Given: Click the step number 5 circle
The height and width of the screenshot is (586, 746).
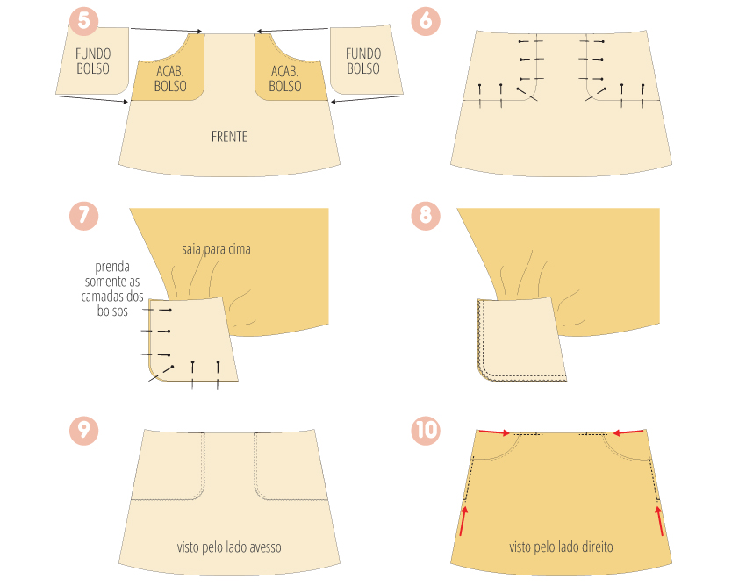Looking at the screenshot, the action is pyautogui.click(x=83, y=20).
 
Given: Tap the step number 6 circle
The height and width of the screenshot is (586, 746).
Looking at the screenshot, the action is pyautogui.click(x=426, y=20).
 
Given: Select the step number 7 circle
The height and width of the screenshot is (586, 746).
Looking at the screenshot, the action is pyautogui.click(x=83, y=216).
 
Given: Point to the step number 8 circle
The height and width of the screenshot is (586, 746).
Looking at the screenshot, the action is pyautogui.click(x=426, y=216).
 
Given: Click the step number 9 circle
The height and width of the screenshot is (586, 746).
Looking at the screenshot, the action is pyautogui.click(x=83, y=431).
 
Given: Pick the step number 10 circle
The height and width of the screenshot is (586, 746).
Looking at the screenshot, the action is pyautogui.click(x=426, y=431).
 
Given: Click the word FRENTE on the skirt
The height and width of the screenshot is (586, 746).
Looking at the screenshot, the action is pyautogui.click(x=229, y=137).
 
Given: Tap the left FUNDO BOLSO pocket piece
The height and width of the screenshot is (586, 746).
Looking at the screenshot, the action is pyautogui.click(x=93, y=61).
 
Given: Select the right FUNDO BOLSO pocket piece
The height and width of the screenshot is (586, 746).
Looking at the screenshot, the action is pyautogui.click(x=365, y=60).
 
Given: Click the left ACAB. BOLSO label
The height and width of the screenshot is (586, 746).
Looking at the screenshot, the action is pyautogui.click(x=170, y=79).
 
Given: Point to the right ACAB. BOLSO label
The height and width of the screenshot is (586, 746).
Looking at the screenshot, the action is pyautogui.click(x=285, y=79).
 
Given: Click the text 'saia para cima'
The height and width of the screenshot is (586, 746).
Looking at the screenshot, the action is pyautogui.click(x=216, y=249).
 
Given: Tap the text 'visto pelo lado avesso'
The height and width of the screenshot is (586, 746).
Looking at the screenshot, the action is pyautogui.click(x=229, y=547).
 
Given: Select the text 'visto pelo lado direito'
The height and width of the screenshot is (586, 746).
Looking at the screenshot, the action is pyautogui.click(x=561, y=547).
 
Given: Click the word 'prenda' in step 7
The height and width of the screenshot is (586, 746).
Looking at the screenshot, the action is pyautogui.click(x=112, y=267).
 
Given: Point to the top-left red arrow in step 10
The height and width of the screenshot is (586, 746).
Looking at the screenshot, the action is pyautogui.click(x=494, y=432).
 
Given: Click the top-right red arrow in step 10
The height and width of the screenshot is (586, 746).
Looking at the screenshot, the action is pyautogui.click(x=628, y=432).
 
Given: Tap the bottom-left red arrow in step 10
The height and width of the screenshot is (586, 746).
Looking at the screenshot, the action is pyautogui.click(x=463, y=521).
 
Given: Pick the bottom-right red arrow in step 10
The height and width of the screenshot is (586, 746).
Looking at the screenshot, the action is pyautogui.click(x=660, y=521).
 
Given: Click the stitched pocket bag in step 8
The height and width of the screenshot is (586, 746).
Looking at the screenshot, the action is pyautogui.click(x=521, y=339).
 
